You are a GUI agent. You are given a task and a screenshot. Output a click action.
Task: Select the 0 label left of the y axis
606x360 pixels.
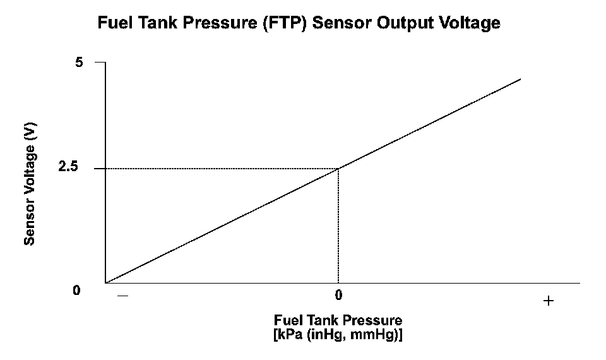tap(76, 291)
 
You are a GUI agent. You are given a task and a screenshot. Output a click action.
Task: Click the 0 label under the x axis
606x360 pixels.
tap(338, 295)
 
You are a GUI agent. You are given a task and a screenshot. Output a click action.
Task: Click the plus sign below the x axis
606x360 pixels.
tap(548, 301)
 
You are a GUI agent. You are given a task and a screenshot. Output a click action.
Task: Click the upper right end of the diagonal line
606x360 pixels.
tap(520, 79)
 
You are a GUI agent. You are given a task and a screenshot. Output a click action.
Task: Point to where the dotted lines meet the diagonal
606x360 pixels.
tap(339, 169)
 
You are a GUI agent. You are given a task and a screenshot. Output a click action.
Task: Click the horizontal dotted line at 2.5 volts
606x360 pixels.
tap(221, 169)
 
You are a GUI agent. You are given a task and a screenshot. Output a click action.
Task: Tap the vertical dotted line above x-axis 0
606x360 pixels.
tap(339, 227)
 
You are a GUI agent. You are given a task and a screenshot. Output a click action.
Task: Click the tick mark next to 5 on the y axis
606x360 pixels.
tap(100, 63)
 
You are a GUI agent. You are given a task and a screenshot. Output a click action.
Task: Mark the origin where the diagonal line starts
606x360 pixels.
tap(106, 283)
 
